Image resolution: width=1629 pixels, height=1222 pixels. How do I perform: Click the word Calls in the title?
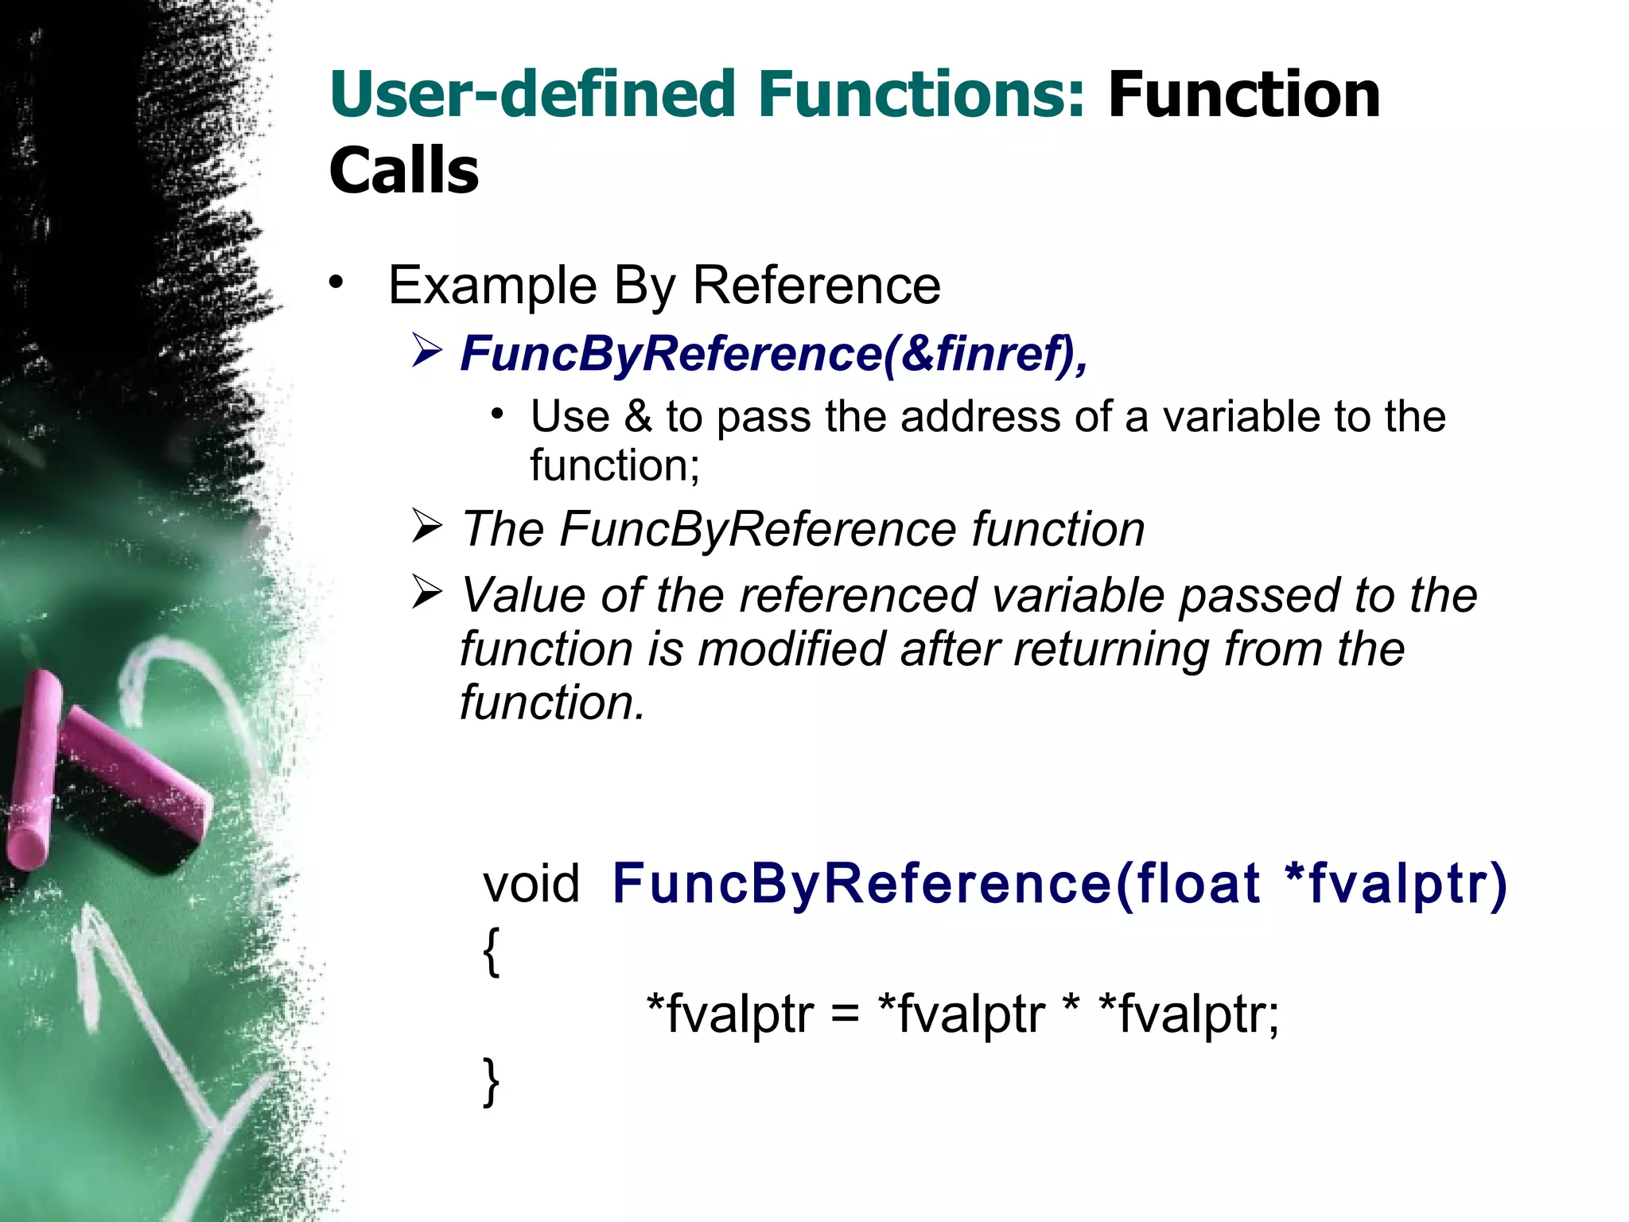[403, 170]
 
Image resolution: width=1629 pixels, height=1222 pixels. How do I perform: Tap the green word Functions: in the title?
[921, 95]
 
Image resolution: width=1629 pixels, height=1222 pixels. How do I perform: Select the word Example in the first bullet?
[492, 285]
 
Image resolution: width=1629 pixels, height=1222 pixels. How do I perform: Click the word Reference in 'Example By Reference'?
[817, 285]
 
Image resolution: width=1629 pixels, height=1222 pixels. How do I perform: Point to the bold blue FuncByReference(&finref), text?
[773, 353]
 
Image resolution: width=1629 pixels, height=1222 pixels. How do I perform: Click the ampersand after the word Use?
[638, 416]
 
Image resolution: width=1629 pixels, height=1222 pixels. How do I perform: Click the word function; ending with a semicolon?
[615, 465]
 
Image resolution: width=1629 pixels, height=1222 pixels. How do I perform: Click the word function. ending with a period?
[552, 702]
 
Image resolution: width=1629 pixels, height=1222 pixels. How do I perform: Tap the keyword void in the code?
[531, 884]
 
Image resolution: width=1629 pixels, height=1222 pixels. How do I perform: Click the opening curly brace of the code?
[492, 952]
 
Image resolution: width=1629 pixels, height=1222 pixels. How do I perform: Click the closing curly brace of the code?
[492, 1082]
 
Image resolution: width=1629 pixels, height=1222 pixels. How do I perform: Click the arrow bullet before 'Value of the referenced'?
[427, 593]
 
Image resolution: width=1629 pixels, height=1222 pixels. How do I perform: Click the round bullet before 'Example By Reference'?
[336, 282]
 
